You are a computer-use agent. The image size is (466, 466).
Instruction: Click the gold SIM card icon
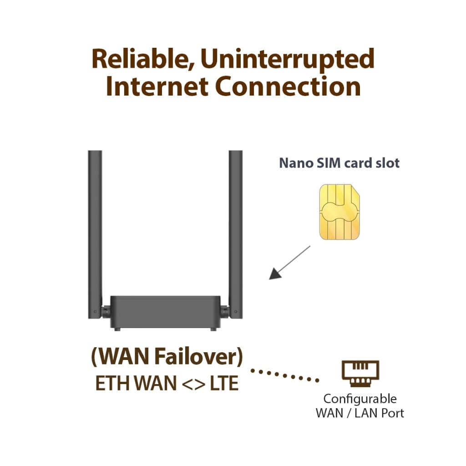tap(339, 212)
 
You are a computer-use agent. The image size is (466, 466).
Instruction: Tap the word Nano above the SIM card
tap(295, 163)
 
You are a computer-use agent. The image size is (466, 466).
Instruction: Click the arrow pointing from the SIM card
tap(289, 263)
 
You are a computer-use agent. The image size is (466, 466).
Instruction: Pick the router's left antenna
tap(95, 228)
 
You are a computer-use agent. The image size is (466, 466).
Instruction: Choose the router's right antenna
tap(236, 228)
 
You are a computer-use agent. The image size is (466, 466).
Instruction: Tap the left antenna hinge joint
tap(105, 312)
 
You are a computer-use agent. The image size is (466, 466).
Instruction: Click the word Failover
tap(199, 357)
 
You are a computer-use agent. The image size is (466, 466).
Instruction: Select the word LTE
tap(223, 384)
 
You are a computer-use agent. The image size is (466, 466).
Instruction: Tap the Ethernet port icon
tap(360, 373)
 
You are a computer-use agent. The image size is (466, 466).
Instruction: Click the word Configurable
tap(360, 399)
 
